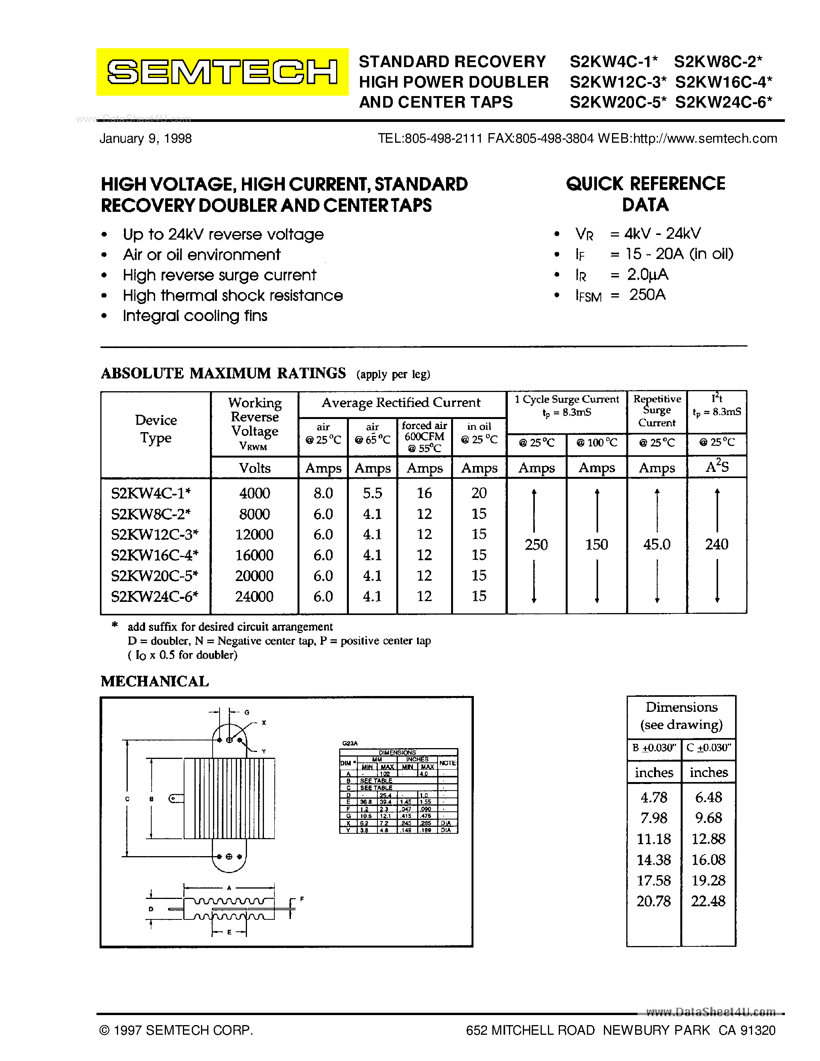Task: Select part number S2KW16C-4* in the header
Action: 723,82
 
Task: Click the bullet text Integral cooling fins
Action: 195,316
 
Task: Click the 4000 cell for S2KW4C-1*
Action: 254,493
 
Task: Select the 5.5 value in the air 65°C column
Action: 372,493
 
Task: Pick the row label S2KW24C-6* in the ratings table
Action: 154,596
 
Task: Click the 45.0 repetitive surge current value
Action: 657,545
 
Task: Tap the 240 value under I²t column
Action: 717,545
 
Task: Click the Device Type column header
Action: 156,429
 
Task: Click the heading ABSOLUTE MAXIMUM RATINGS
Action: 223,373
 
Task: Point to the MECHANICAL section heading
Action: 154,682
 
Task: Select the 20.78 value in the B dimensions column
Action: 653,902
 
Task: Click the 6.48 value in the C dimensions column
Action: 708,797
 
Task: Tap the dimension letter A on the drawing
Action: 229,887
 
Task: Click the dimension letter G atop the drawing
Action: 247,712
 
